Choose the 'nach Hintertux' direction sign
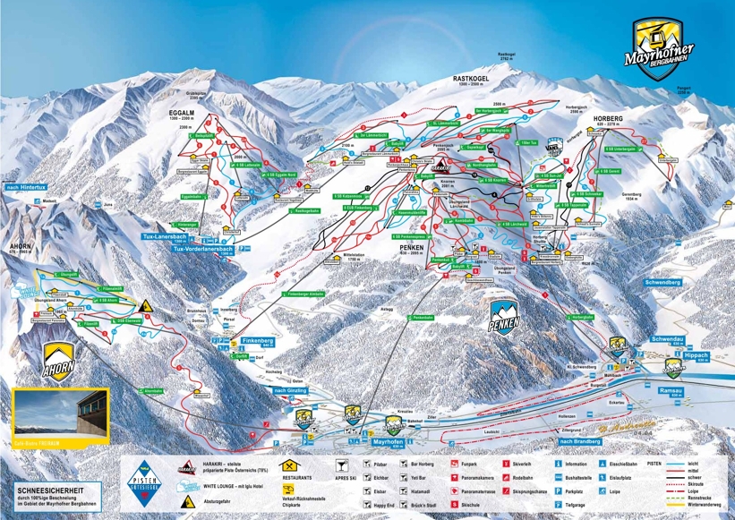click(x=25, y=187)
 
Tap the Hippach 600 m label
click(x=694, y=354)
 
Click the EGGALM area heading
click(x=180, y=114)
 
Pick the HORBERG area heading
click(x=608, y=117)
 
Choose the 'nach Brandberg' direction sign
click(x=578, y=440)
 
